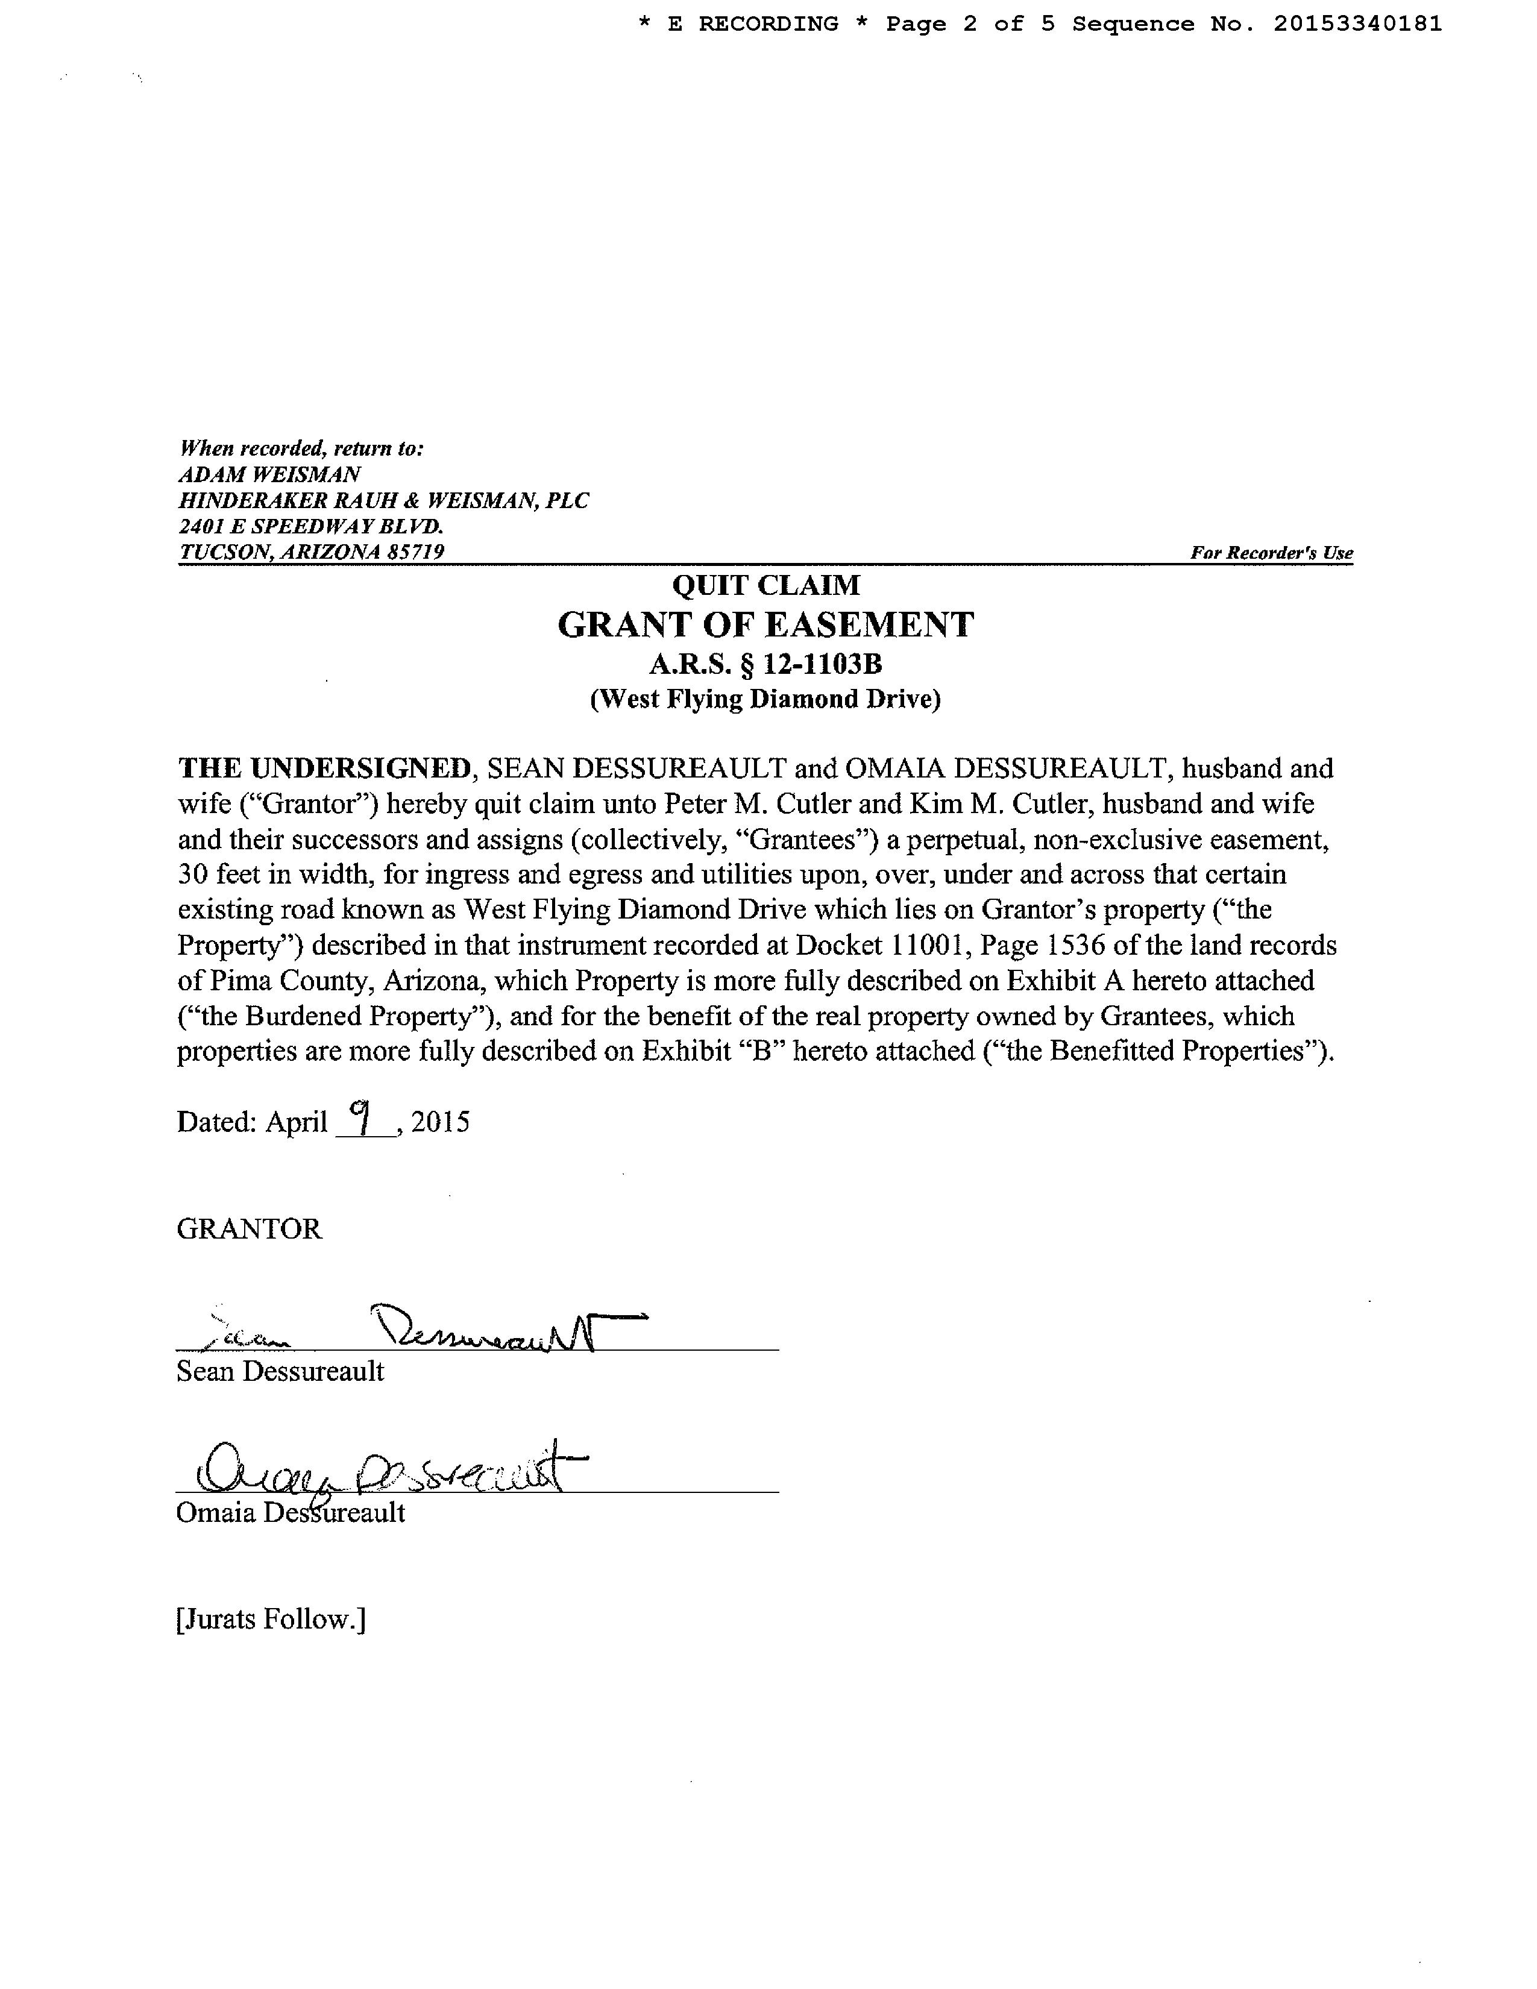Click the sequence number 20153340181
point(1357,25)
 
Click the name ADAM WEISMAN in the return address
point(269,474)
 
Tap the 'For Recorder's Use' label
point(1271,553)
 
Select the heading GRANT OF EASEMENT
point(765,625)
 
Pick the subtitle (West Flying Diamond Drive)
point(765,699)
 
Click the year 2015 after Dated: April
point(441,1122)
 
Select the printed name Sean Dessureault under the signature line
point(280,1372)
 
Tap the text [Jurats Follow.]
point(271,1620)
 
